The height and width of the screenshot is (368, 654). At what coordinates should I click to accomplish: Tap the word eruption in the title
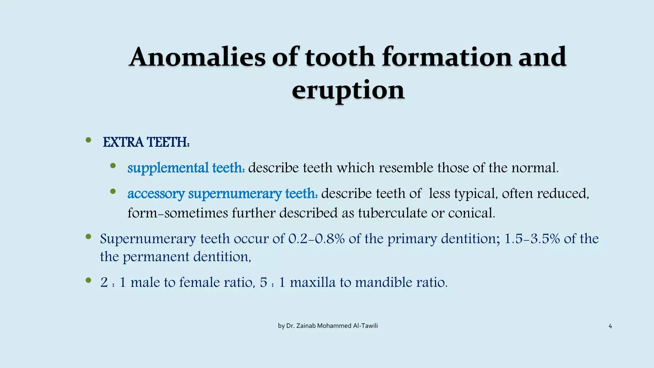tap(348, 90)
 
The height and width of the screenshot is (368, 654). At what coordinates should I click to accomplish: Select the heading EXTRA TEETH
tap(146, 142)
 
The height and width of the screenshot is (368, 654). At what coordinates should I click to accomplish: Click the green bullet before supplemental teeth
tap(113, 165)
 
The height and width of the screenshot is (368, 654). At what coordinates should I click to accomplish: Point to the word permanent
tap(156, 257)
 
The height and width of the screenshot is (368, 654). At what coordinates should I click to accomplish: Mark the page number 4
tap(610, 326)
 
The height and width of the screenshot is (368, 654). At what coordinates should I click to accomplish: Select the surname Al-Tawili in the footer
tap(365, 326)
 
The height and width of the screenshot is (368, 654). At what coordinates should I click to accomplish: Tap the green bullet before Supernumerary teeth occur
tap(88, 237)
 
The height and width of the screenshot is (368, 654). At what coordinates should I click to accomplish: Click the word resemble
tap(406, 168)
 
